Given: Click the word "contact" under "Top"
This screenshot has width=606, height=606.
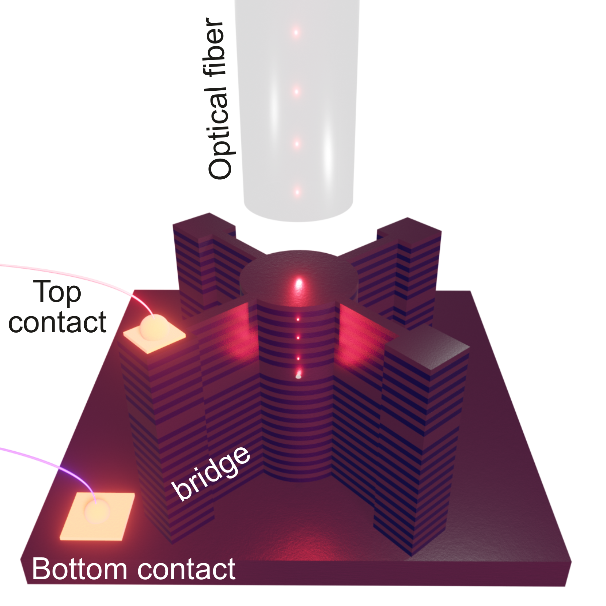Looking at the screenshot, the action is point(57,322).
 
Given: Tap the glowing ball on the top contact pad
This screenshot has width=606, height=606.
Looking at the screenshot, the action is point(154,328).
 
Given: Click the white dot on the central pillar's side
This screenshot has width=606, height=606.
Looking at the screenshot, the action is point(298,376).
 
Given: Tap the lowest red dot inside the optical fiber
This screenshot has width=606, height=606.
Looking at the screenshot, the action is point(297,192).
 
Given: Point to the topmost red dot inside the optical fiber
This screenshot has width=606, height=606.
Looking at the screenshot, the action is point(296,32).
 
